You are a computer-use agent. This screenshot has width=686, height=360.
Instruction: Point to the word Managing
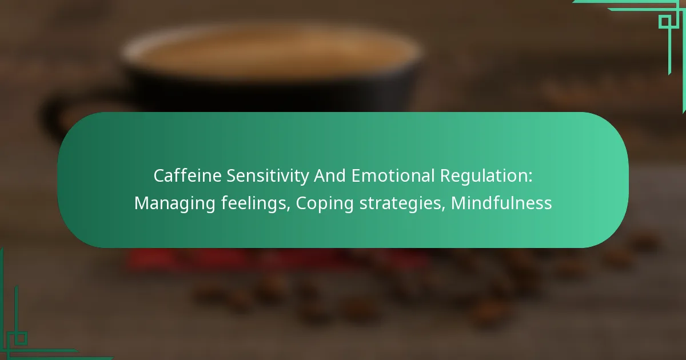[x=175, y=203]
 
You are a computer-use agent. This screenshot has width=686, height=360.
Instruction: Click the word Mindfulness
[x=501, y=203]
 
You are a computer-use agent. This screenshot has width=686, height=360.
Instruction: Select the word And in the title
[x=328, y=176]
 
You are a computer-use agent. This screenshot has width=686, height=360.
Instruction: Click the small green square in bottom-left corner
[x=21, y=338]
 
